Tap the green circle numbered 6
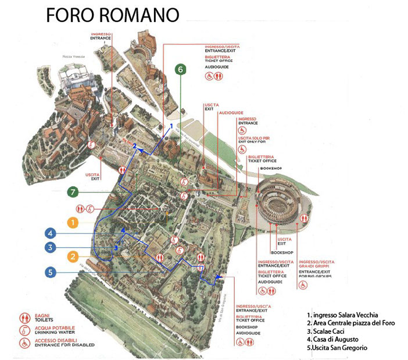[181, 70]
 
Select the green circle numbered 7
[73, 191]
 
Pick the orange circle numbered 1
[72, 222]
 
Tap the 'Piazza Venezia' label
[74, 57]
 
